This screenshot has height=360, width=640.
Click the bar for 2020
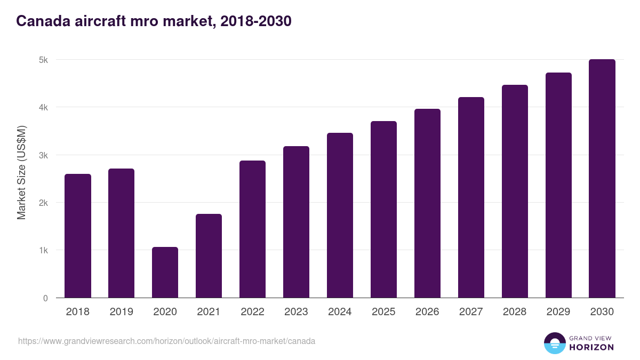pos(165,273)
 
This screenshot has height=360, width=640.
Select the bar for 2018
pos(78,236)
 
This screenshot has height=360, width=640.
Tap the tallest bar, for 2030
pos(602,179)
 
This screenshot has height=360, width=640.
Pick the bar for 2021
pos(209,256)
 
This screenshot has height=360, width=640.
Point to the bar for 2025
pos(383,210)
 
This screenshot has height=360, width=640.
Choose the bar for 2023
pos(296,222)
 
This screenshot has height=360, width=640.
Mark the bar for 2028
pos(515,191)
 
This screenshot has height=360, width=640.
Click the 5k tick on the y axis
pos(44,60)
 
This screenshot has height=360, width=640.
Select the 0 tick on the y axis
pos(45,298)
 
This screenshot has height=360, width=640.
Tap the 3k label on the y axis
pos(44,155)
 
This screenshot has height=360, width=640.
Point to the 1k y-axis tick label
pos(44,251)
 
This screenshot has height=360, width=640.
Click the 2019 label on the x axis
pos(122,312)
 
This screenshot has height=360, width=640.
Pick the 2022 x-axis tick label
pos(252,312)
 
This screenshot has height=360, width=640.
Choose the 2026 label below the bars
pos(427,312)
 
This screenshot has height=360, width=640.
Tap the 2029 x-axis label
pos(558,312)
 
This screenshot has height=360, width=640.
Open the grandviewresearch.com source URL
pos(166,341)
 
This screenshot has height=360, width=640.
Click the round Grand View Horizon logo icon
pos(555,343)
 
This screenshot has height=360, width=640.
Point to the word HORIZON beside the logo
pos(591,347)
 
